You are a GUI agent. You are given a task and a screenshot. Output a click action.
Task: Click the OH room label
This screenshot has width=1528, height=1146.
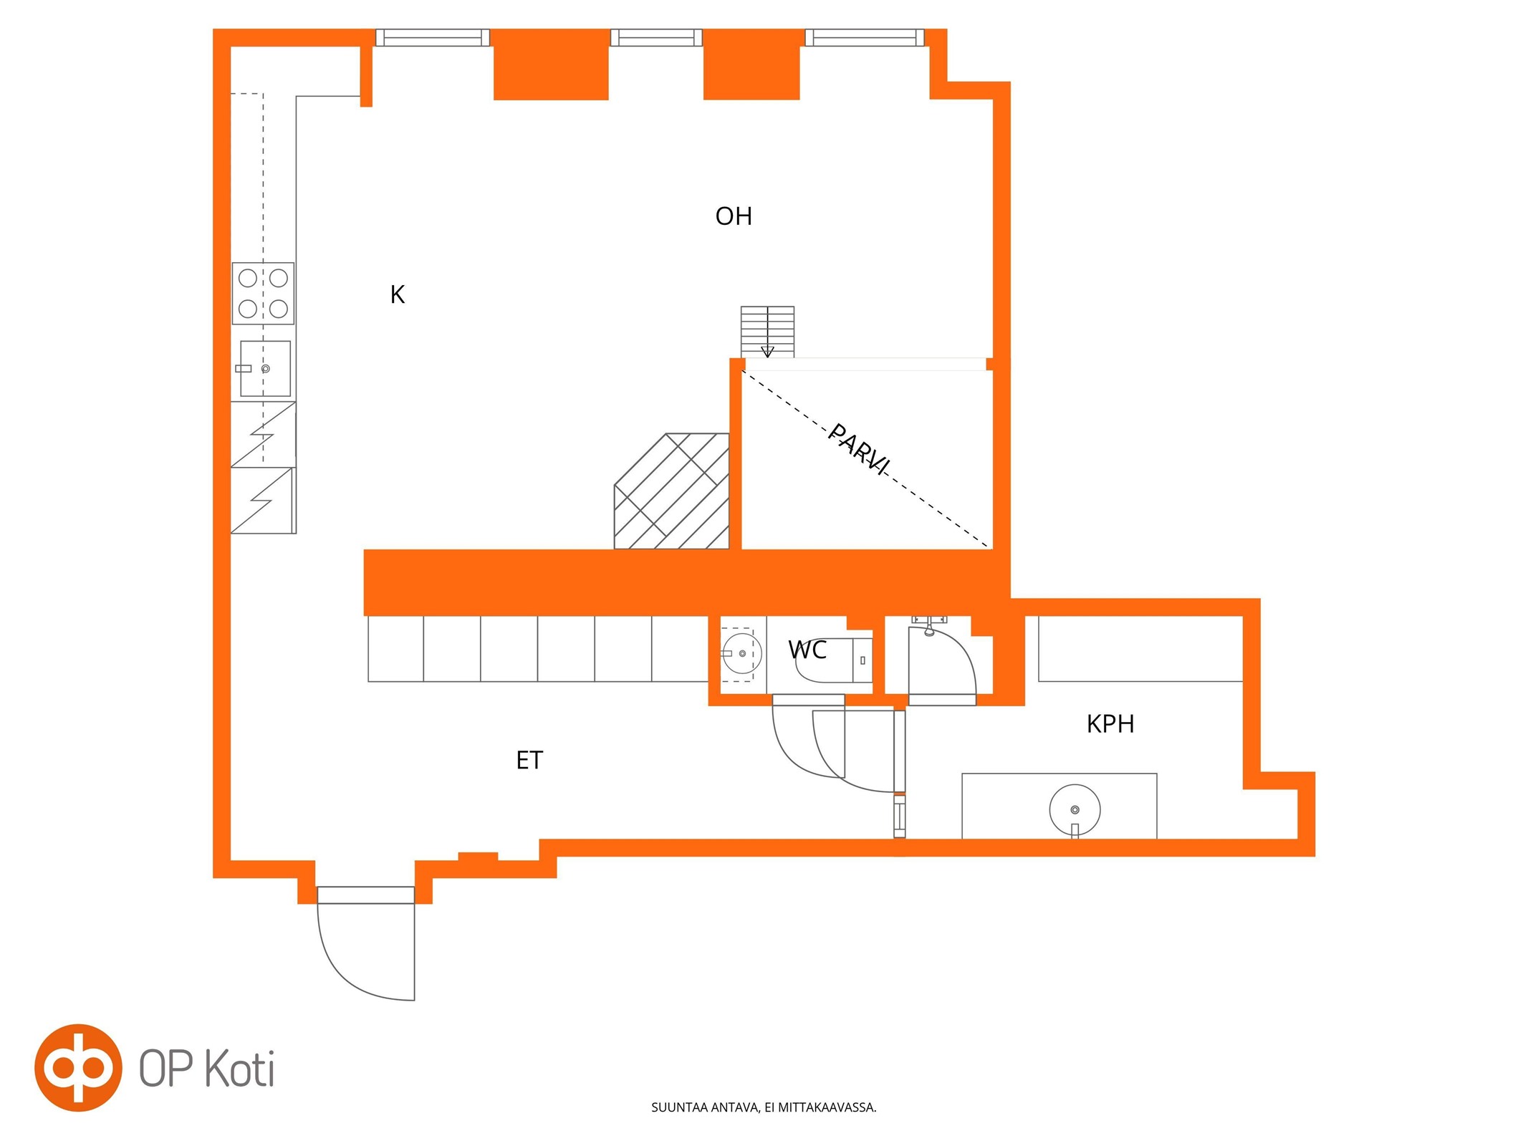coord(733,216)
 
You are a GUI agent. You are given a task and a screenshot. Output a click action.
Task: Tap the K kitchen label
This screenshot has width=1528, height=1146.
coord(398,294)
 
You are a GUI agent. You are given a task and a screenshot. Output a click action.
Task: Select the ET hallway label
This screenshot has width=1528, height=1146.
coord(529,760)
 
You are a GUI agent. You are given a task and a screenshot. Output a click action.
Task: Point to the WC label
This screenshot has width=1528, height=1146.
coord(807,650)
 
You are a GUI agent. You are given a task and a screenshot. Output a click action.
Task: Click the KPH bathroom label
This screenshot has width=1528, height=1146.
coord(1110,724)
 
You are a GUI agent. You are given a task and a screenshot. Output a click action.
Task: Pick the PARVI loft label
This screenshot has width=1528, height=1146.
coord(859,449)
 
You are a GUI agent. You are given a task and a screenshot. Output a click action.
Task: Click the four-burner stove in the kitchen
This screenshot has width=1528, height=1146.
coord(263,293)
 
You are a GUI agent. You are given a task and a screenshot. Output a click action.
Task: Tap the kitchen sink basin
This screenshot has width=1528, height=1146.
coord(265,368)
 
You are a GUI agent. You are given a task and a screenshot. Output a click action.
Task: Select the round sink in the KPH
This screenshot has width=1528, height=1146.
coord(1075,810)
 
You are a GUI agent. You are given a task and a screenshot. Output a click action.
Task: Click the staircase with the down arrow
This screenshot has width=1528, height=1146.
coord(767,332)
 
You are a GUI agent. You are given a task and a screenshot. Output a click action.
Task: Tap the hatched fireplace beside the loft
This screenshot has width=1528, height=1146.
coord(672,491)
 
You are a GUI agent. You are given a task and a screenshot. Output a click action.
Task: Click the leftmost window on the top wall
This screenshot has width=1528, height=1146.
coord(433,37)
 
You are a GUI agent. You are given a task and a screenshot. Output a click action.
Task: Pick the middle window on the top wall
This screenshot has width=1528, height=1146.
coord(656,37)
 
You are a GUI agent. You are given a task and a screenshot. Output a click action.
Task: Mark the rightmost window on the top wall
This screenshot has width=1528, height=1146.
coord(865,37)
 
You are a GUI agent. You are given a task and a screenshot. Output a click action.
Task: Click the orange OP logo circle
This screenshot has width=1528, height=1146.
coord(78,1068)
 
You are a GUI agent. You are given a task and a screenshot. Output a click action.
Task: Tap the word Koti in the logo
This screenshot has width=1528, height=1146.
coord(239,1069)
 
